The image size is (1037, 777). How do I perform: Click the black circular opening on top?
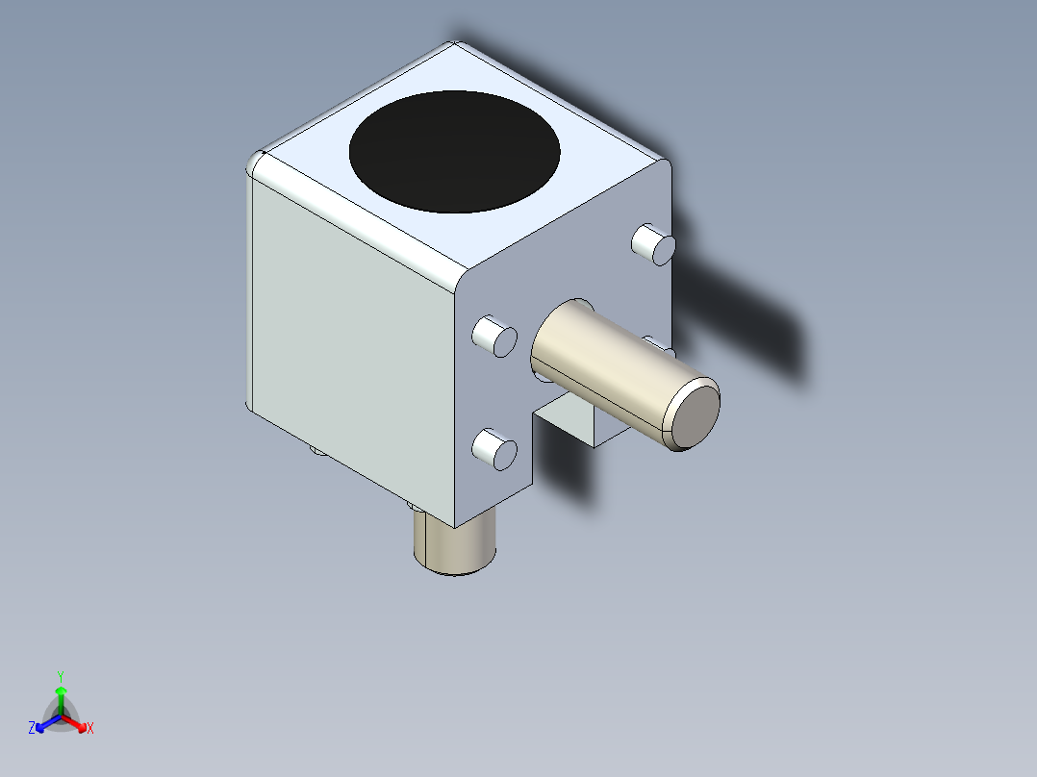[454, 152]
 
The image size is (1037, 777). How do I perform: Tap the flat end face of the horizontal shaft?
[694, 414]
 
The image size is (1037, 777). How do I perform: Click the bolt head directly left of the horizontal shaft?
[494, 336]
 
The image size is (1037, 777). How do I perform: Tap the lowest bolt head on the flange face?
[494, 449]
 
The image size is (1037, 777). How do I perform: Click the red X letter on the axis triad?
[90, 729]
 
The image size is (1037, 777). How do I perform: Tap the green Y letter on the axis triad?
[60, 675]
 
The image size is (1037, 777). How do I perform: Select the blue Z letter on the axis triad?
[32, 729]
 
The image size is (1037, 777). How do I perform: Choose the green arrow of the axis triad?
[61, 696]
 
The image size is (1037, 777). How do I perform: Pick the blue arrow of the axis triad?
[44, 723]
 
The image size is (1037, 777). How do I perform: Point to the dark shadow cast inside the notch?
[563, 462]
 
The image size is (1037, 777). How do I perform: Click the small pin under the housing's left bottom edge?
[316, 449]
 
